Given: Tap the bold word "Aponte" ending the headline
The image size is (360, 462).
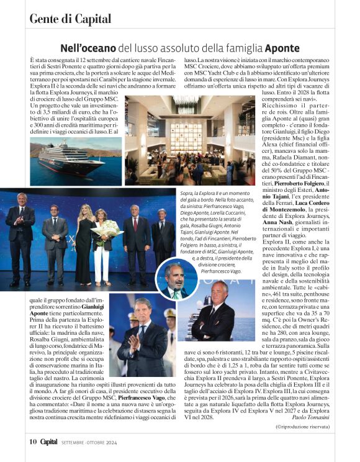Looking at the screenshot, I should [282, 48].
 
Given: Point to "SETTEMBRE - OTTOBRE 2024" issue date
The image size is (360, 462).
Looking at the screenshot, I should [89, 443].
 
